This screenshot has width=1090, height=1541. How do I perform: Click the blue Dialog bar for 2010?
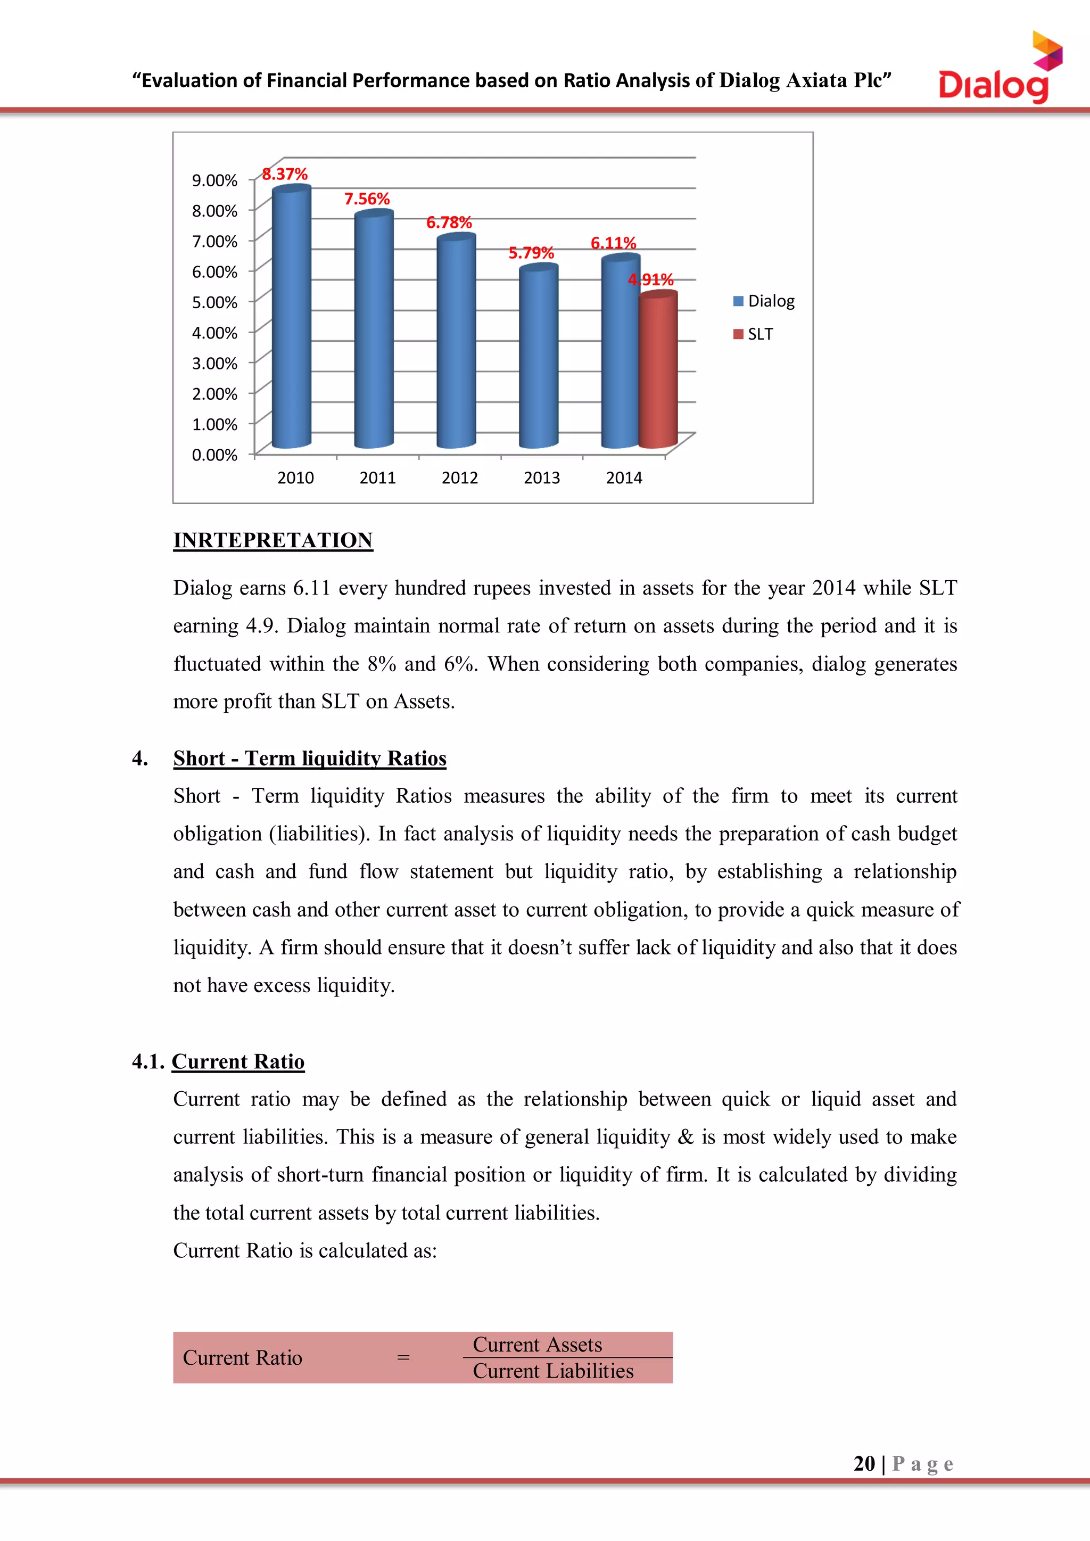coord(291,319)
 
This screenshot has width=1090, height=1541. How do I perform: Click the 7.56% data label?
coord(367,199)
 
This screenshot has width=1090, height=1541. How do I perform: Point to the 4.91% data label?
coord(650,279)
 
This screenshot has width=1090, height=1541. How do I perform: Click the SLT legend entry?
coord(754,334)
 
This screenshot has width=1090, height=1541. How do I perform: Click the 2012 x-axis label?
coord(460,478)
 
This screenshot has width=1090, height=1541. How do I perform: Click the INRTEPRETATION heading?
coord(272,540)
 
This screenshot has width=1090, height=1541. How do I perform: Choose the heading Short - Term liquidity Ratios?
coord(309,759)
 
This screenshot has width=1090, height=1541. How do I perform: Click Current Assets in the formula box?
coord(537,1345)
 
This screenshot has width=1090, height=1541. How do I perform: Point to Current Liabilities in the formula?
coord(552,1371)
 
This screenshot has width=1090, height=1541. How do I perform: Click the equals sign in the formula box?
coord(403,1358)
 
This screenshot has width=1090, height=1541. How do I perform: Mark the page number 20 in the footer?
coord(864,1464)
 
